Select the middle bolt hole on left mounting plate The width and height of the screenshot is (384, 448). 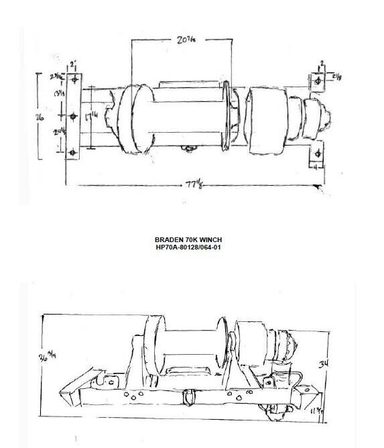point(73,115)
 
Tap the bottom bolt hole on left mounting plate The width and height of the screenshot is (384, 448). point(73,153)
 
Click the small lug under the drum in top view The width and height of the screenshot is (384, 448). point(190,150)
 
